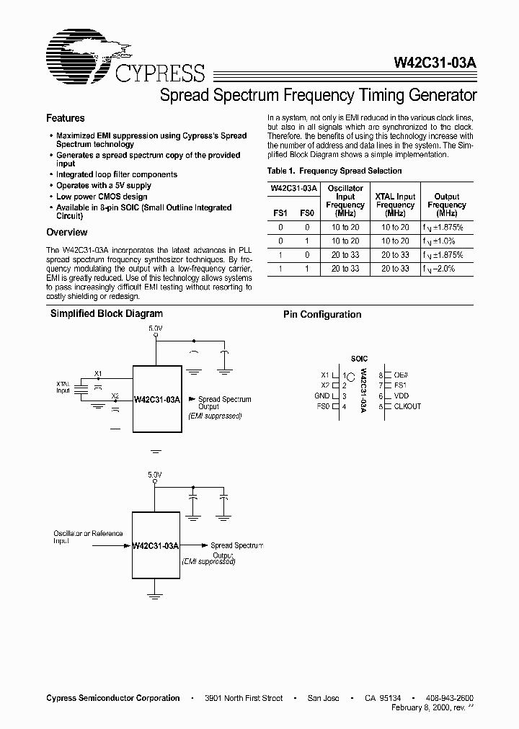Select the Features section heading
click(x=66, y=118)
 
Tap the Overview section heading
click(x=67, y=233)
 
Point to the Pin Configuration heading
click(x=322, y=315)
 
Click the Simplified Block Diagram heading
click(x=106, y=314)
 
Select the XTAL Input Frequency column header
click(x=395, y=205)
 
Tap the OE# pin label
click(x=401, y=375)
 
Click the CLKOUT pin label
click(x=407, y=406)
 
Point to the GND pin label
click(x=322, y=396)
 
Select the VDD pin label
click(x=401, y=396)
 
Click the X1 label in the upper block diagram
click(x=98, y=373)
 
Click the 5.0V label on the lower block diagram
click(x=155, y=475)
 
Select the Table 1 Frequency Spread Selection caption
click(x=334, y=171)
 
